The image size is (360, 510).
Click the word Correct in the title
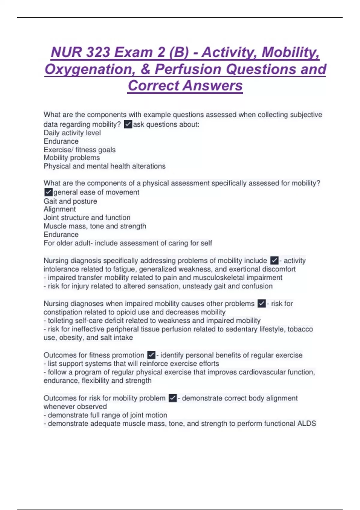pos(153,86)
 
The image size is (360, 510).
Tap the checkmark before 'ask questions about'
pos(128,124)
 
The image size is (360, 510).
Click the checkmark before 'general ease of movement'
pos(48,192)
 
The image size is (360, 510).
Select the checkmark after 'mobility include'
pos(274,260)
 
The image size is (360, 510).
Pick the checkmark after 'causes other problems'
pos(262,304)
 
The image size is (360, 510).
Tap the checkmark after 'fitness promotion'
pos(151,355)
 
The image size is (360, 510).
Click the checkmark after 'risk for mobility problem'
pos(172,398)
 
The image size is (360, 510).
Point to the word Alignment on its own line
pos(60,209)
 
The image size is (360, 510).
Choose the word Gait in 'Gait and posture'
pos(50,201)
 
